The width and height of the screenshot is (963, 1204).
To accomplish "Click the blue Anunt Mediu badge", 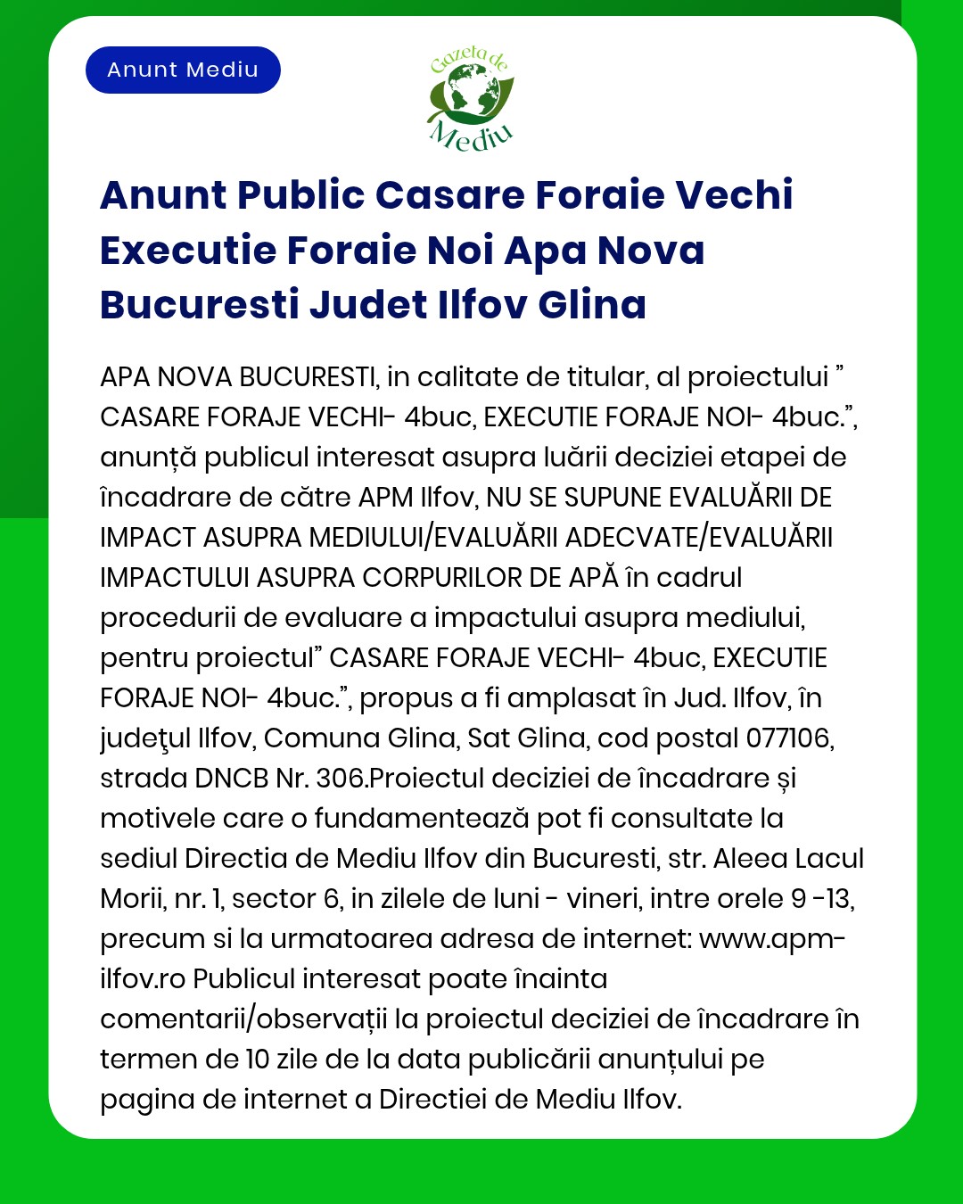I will pyautogui.click(x=183, y=70).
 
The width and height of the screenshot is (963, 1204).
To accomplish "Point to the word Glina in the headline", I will pyautogui.click(x=592, y=305).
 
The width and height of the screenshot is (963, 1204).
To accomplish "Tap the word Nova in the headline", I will pyautogui.click(x=651, y=251).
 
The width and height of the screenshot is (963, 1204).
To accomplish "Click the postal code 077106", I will pyautogui.click(x=788, y=738).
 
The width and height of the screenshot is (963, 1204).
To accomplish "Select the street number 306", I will pyautogui.click(x=341, y=779).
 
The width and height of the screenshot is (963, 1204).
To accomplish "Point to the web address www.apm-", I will pyautogui.click(x=772, y=939).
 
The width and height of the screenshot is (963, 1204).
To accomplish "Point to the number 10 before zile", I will pyautogui.click(x=258, y=1060).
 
